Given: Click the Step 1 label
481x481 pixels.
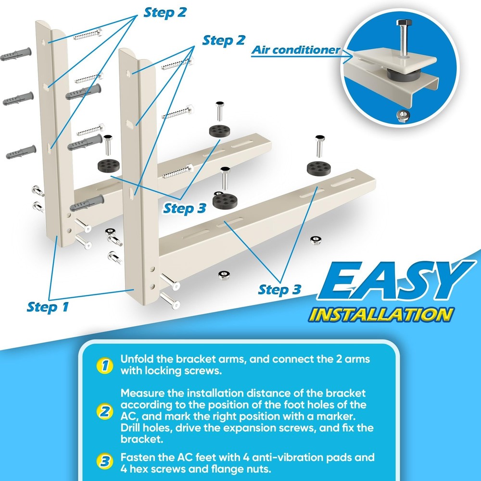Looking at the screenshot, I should pyautogui.click(x=48, y=306).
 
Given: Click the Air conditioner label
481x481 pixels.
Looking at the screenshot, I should pyautogui.click(x=296, y=50).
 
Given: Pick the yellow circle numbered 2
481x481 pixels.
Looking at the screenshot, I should pyautogui.click(x=103, y=412).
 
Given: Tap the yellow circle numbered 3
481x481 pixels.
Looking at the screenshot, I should pyautogui.click(x=103, y=462).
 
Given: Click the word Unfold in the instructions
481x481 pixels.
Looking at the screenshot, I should pyautogui.click(x=137, y=359).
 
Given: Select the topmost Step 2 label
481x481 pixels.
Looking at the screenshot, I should pyautogui.click(x=165, y=13).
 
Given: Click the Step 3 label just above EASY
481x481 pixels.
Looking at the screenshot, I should pyautogui.click(x=279, y=289).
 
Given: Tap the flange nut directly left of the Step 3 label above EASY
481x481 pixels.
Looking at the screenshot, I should pyautogui.click(x=224, y=275).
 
